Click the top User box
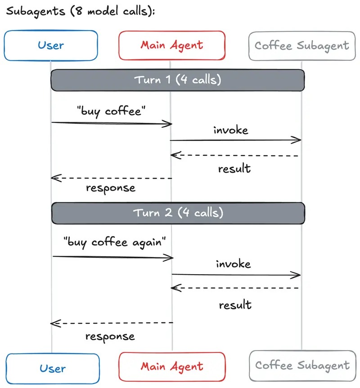(x=51, y=45)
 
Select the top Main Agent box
(x=171, y=45)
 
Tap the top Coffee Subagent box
(x=301, y=45)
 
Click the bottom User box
(x=53, y=369)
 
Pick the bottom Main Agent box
(x=171, y=366)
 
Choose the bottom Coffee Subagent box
(x=302, y=365)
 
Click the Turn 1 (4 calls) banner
(x=178, y=80)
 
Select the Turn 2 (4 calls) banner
(x=178, y=212)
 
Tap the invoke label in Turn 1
(x=230, y=131)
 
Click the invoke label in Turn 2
(x=233, y=263)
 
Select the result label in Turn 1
(x=234, y=169)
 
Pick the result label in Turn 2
(x=235, y=305)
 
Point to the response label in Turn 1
(x=111, y=188)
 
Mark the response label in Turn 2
(x=110, y=336)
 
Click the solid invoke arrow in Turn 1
(x=235, y=140)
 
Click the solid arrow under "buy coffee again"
(x=112, y=257)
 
